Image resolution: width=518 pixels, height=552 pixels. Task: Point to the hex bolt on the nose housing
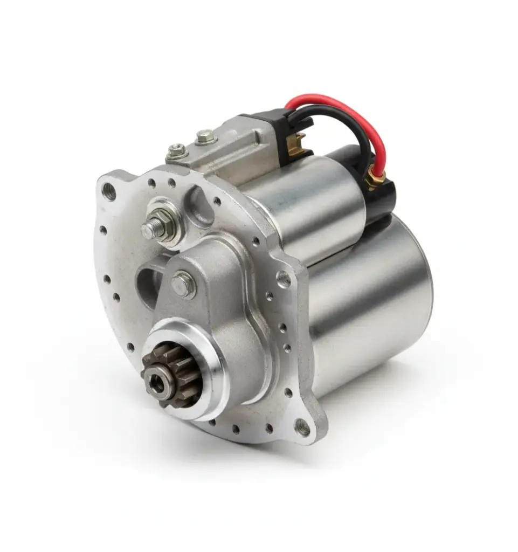coord(183,284)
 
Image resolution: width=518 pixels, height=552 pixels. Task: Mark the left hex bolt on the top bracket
coord(176,150)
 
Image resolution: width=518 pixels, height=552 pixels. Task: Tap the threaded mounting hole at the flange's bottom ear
coord(302,427)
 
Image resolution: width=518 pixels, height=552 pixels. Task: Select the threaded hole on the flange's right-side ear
coord(284,279)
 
